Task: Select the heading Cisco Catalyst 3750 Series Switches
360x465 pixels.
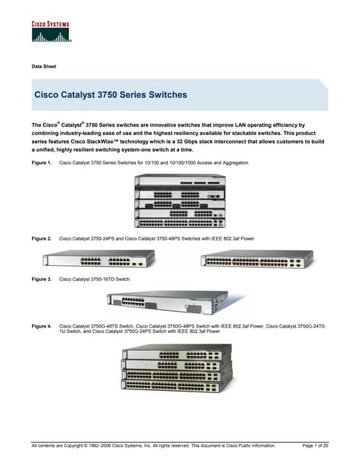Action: pyautogui.click(x=111, y=95)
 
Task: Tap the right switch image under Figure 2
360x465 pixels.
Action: pyautogui.click(x=256, y=259)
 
